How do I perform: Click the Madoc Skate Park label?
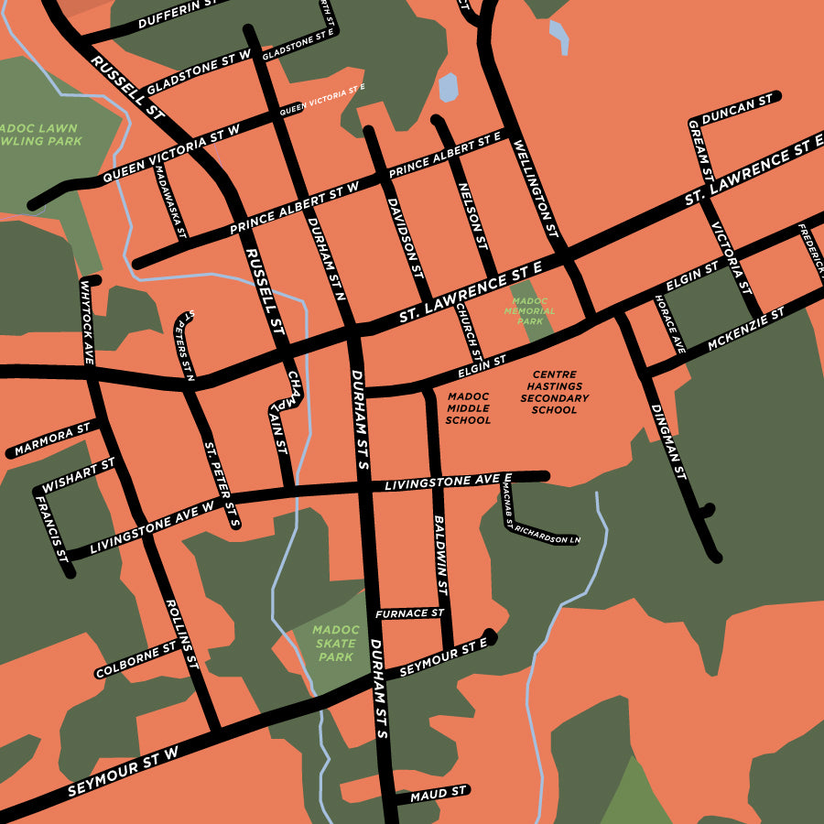coord(335,643)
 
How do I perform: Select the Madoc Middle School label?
coord(468,408)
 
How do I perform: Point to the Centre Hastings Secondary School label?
coord(554,393)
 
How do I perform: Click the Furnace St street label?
coord(409,613)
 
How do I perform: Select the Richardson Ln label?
coord(548,535)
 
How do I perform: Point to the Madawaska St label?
coord(170,200)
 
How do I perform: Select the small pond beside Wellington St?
coord(448,87)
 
